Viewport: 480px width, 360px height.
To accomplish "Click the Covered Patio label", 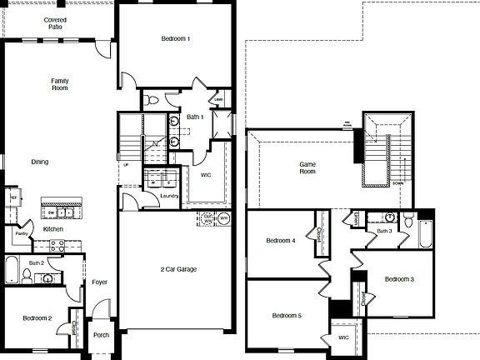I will tap(56, 22).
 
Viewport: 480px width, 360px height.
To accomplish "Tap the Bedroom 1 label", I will tap(175, 39).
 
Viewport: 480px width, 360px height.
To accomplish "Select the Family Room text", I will tap(58, 84).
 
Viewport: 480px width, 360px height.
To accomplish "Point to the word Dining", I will tap(40, 162).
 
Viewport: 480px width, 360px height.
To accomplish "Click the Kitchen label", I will tap(52, 228).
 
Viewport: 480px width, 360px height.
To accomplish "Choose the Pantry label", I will tap(21, 234).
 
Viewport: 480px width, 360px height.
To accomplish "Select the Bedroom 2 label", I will tap(37, 318).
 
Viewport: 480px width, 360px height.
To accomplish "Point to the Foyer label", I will tap(99, 282).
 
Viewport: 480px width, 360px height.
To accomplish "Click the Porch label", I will tap(101, 336).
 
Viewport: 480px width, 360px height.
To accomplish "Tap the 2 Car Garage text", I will tap(178, 269).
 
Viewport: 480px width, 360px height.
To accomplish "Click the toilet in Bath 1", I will tap(149, 100).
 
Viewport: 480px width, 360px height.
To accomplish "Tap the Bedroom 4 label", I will tap(281, 241).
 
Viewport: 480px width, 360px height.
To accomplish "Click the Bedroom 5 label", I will tap(286, 315).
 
